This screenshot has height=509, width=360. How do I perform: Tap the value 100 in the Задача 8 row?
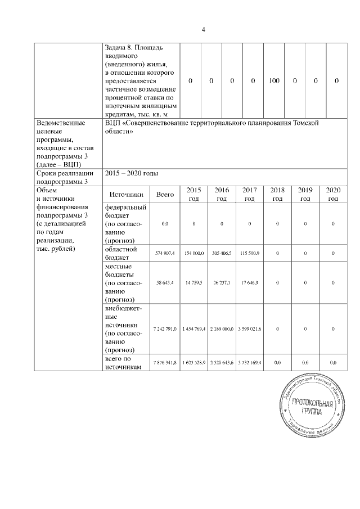coord(274,81)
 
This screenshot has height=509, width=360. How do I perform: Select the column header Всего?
coord(165,195)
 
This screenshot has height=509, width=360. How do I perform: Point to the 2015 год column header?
coord(193,195)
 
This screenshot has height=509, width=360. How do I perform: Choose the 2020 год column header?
coord(333,195)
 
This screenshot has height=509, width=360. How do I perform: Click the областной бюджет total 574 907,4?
coord(165,254)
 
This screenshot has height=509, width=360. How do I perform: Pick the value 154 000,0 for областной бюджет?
coord(193,254)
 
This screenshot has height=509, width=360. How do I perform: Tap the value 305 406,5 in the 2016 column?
coord(222,254)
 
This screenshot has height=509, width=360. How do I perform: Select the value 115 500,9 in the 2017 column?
coord(250,254)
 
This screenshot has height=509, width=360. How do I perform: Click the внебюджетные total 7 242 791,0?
coord(165,328)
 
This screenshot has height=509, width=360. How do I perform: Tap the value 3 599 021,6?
coord(250,328)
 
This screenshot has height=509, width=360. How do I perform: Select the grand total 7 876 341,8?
coord(165,363)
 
